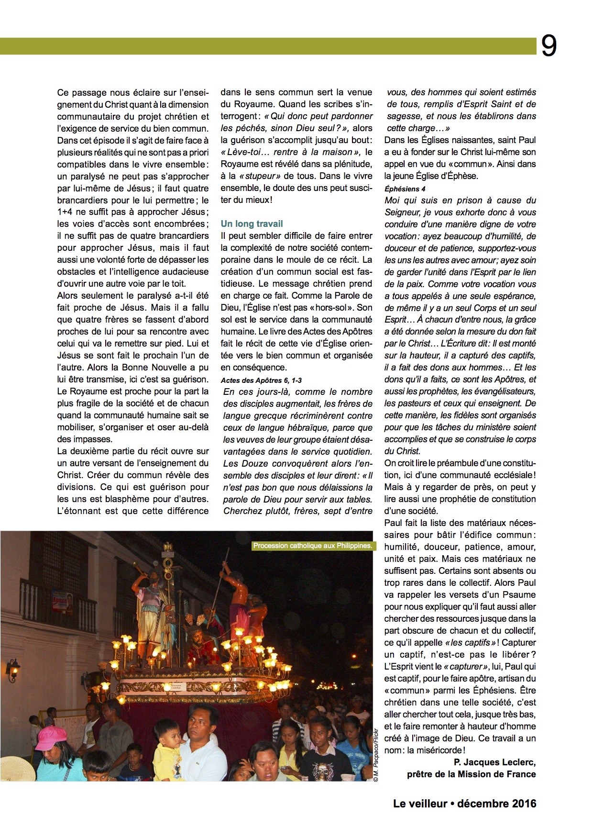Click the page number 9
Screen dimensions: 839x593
click(x=549, y=46)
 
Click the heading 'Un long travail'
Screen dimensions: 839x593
click(x=252, y=224)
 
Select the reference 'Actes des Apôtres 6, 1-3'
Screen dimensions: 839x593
click(x=261, y=380)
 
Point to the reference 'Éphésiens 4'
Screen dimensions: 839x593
click(x=405, y=189)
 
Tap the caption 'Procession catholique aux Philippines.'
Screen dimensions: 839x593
click(x=312, y=546)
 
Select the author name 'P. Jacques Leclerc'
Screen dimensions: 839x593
click(x=494, y=762)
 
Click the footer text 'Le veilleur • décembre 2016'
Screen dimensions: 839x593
click(x=464, y=804)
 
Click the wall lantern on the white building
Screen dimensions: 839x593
click(x=13, y=669)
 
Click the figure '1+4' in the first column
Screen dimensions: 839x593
click(x=66, y=212)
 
